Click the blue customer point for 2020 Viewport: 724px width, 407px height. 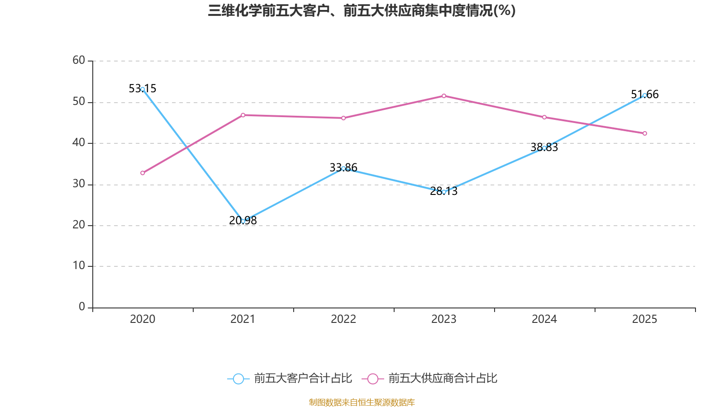pos(143,89)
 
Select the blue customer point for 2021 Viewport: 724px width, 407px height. pos(243,221)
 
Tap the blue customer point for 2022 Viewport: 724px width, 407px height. pos(343,168)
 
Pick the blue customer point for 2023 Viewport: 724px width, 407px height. pos(444,192)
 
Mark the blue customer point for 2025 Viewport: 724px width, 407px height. pos(644,95)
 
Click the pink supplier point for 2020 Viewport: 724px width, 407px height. pos(143,173)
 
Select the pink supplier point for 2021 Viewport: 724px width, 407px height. pos(243,115)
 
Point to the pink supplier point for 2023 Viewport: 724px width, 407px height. pos(444,96)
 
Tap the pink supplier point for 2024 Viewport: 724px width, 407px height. pos(544,117)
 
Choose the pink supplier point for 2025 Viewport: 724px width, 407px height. pos(644,133)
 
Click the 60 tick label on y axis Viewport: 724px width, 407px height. pos(79,60)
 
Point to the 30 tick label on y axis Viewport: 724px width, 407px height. pos(79,184)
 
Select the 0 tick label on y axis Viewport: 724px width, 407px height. pos(82,307)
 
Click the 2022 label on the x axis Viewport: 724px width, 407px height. pos(343,319)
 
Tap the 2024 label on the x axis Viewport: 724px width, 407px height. pos(544,319)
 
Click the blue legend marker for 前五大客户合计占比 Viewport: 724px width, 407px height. pos(238,379)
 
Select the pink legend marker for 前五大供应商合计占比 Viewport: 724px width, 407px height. pos(372,379)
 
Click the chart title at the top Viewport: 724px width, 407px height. pos(362,10)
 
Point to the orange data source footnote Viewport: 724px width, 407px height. pos(362,402)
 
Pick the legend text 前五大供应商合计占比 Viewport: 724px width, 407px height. pos(443,379)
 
